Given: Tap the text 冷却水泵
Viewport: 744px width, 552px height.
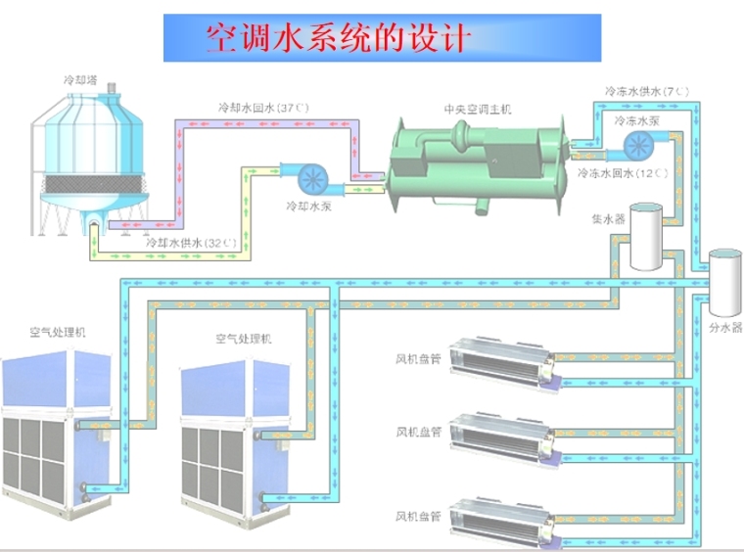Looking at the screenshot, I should pos(305,207).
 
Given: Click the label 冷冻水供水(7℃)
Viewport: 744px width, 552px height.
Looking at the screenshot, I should pos(647,91).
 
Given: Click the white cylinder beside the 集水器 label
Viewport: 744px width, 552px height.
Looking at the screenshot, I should pos(645,236).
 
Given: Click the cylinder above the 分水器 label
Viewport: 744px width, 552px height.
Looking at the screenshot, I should pos(724,277).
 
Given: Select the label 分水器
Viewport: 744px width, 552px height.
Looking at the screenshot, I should pos(724,328).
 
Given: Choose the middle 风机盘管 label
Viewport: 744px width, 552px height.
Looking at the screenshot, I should pos(418,431).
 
